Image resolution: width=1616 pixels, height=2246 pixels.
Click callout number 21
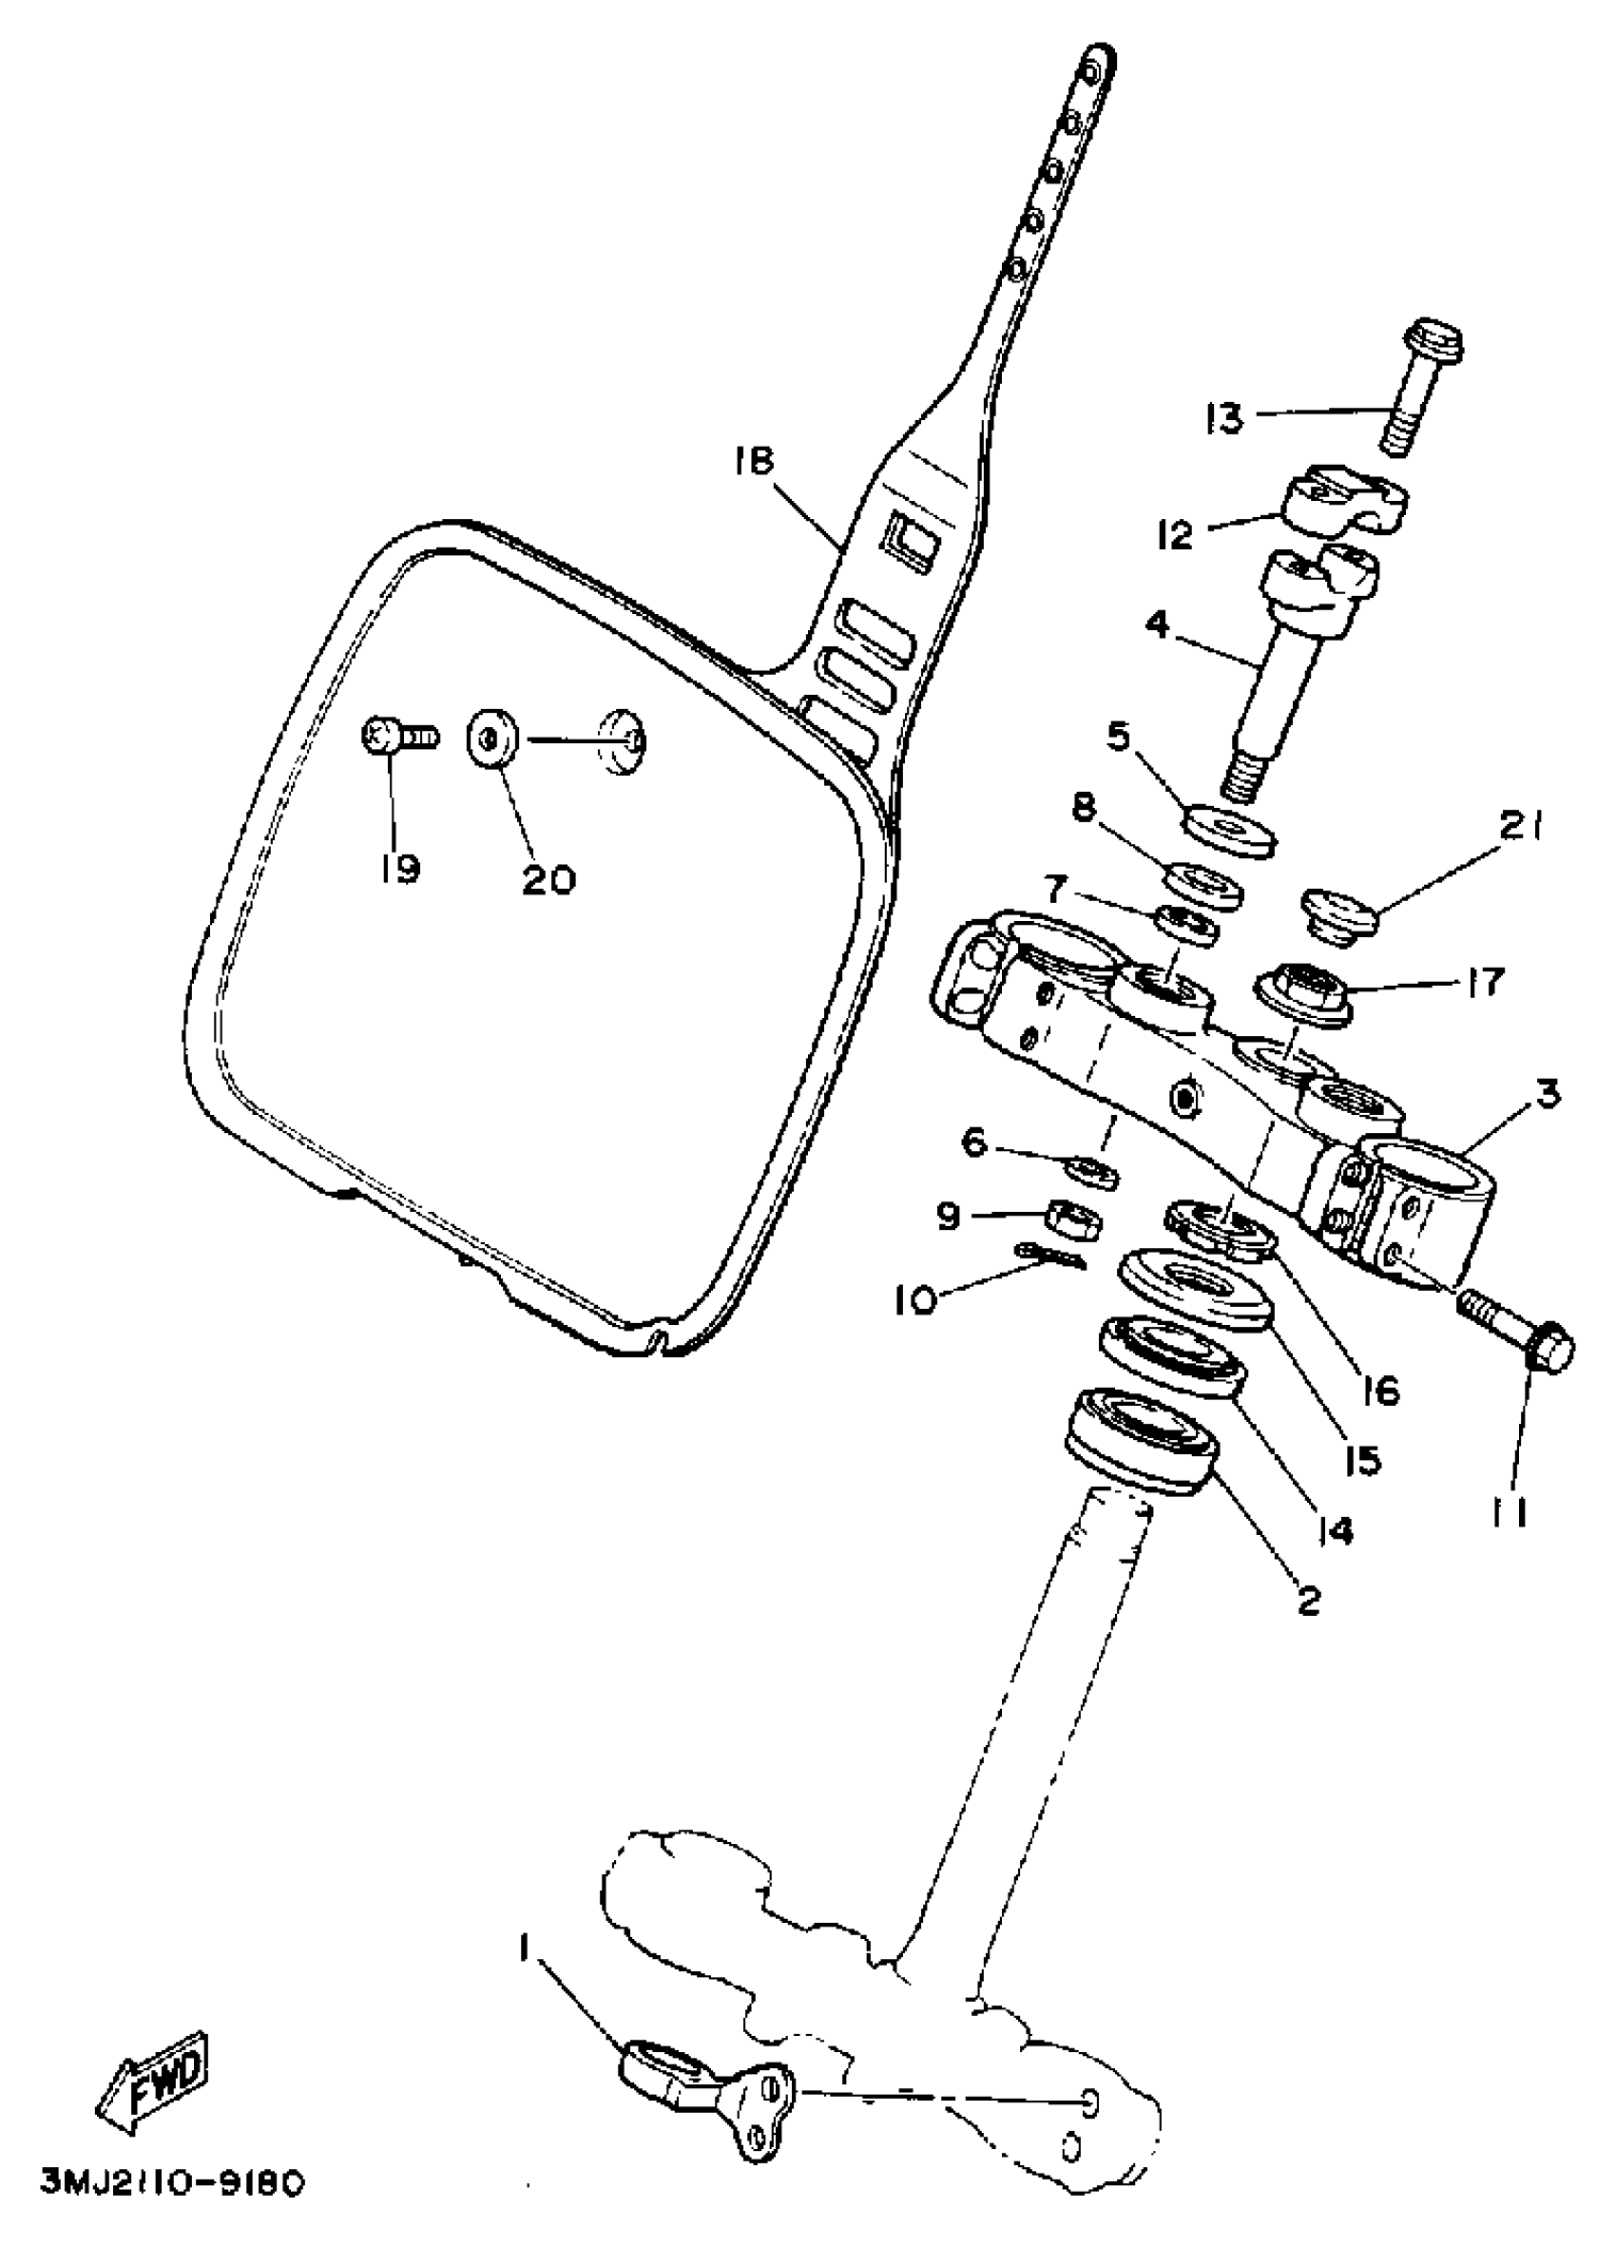click(1522, 826)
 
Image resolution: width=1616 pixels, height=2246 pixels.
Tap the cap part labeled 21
click(1337, 913)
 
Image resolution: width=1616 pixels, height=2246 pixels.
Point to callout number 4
click(1158, 625)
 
